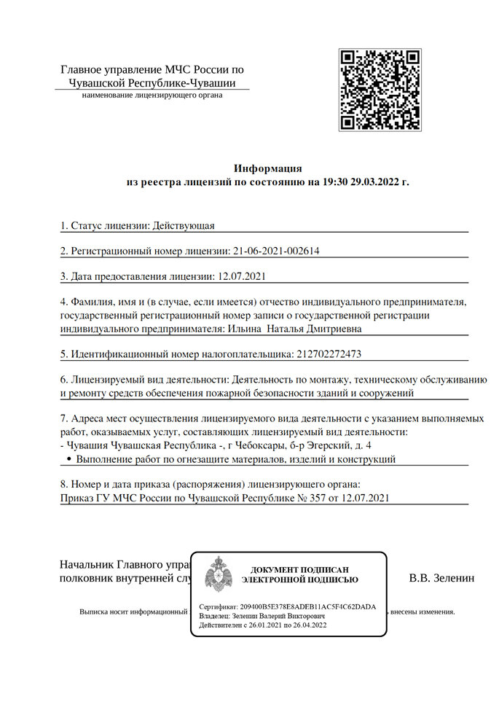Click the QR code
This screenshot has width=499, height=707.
pyautogui.click(x=380, y=90)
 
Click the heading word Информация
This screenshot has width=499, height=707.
pyautogui.click(x=267, y=168)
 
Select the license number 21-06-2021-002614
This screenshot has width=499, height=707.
pyautogui.click(x=277, y=251)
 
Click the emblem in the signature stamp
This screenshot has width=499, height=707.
pyautogui.click(x=218, y=574)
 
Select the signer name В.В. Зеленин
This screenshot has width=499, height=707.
pyautogui.click(x=441, y=578)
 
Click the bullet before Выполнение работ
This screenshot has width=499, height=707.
pyautogui.click(x=68, y=460)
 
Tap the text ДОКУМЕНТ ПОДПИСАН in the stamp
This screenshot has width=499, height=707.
pyautogui.click(x=299, y=569)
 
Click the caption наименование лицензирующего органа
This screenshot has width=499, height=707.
pyautogui.click(x=152, y=95)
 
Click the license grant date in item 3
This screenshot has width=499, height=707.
pyautogui.click(x=240, y=277)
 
